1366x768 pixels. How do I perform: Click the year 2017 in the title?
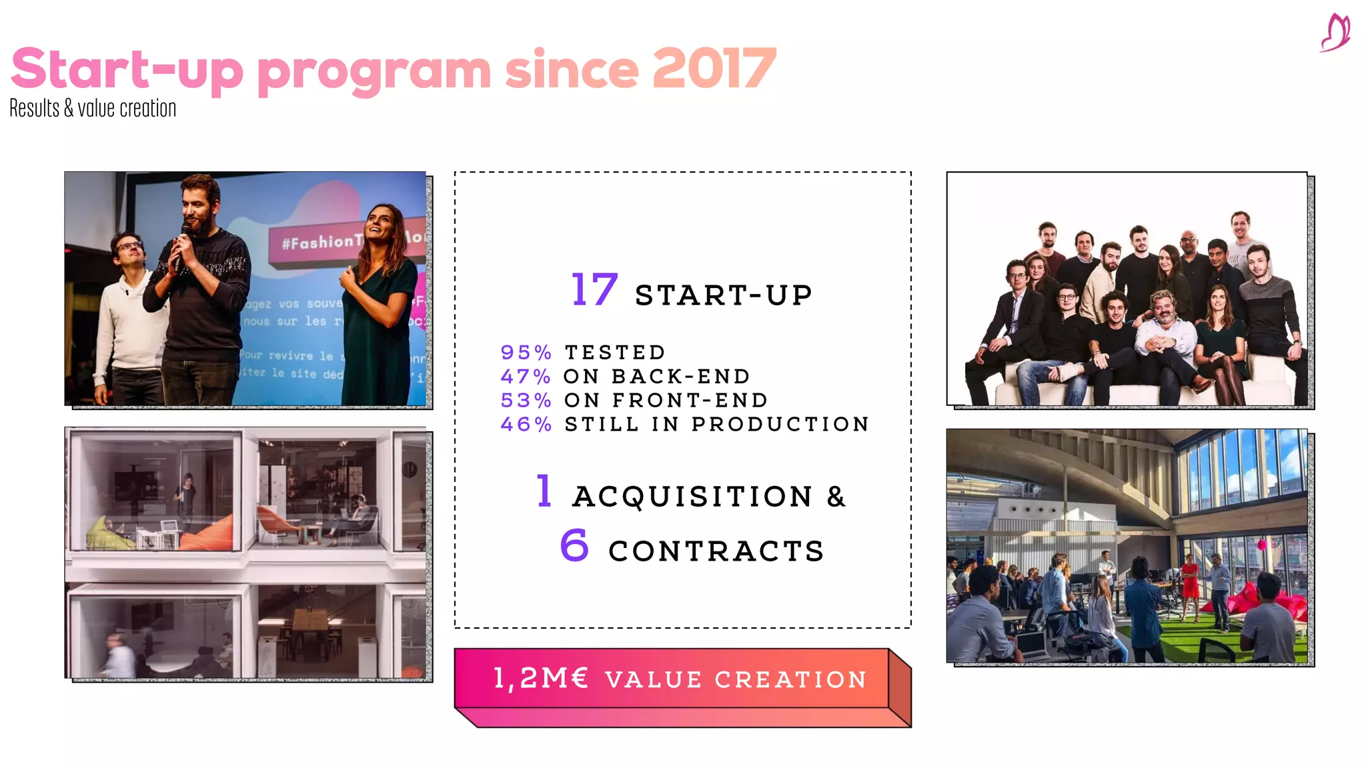click(x=714, y=69)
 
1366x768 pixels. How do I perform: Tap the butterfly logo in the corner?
click(x=1335, y=33)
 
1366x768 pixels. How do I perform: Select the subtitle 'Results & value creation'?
click(x=93, y=109)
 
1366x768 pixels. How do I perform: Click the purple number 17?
click(x=594, y=291)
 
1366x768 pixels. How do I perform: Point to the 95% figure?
click(x=526, y=353)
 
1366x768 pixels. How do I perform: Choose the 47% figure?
click(x=526, y=377)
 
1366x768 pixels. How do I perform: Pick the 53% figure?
click(x=526, y=401)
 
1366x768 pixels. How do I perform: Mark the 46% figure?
click(x=526, y=425)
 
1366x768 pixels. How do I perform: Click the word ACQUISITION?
click(x=692, y=497)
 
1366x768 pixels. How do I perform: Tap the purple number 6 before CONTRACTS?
click(x=574, y=545)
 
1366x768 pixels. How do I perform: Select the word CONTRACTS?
click(x=716, y=551)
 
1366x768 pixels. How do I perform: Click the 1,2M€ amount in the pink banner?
click(x=541, y=679)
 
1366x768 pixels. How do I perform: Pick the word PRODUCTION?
click(x=780, y=425)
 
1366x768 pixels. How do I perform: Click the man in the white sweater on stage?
click(x=130, y=320)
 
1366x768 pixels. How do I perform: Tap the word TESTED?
click(x=615, y=353)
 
